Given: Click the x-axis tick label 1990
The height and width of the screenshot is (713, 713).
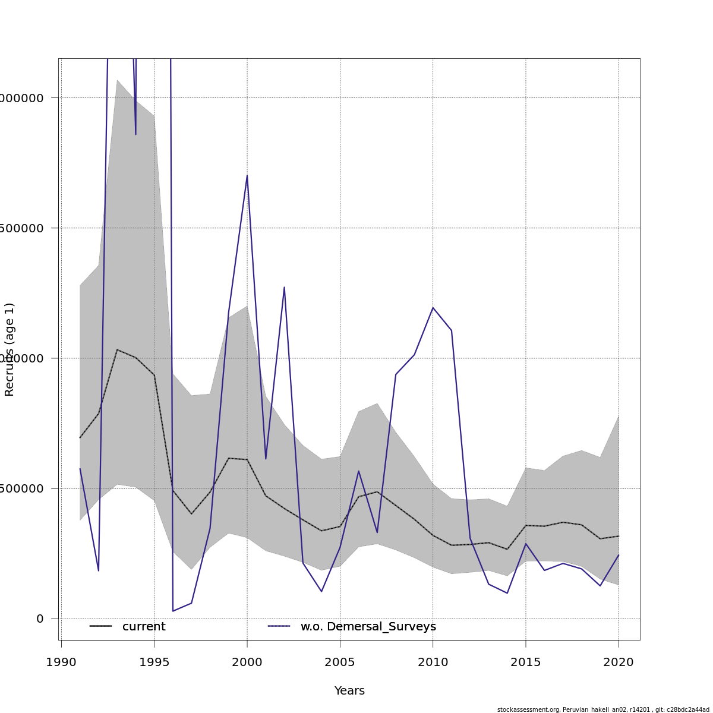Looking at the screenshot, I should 61,662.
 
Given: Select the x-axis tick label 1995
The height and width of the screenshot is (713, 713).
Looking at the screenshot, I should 154,662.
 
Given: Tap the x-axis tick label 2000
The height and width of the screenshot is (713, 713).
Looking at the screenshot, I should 247,662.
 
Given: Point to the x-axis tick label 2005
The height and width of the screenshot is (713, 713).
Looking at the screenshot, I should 340,662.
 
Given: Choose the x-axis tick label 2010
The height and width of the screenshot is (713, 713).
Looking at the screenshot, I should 433,662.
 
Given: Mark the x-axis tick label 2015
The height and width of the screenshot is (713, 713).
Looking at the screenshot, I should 526,662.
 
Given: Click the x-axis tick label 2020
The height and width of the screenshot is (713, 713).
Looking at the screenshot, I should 619,662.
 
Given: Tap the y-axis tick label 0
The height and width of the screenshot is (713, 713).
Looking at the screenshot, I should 40,619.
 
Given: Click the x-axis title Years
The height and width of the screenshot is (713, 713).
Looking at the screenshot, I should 349,691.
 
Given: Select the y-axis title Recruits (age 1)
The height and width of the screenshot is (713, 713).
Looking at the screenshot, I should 10,349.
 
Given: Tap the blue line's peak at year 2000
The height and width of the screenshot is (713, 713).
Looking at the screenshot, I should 247,175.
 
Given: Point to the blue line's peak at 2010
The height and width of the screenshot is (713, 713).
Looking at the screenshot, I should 433,307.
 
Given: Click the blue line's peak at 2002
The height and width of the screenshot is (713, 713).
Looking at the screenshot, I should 284,288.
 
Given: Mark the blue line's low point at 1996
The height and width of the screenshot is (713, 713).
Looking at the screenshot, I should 173,611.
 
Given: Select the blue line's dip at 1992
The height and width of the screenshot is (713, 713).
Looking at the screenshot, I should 99,570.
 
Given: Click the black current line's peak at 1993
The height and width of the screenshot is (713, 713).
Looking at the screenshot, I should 117,349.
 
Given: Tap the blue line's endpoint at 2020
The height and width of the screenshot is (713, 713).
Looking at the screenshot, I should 619,555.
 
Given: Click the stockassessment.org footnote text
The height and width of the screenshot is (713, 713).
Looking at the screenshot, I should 603,709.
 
